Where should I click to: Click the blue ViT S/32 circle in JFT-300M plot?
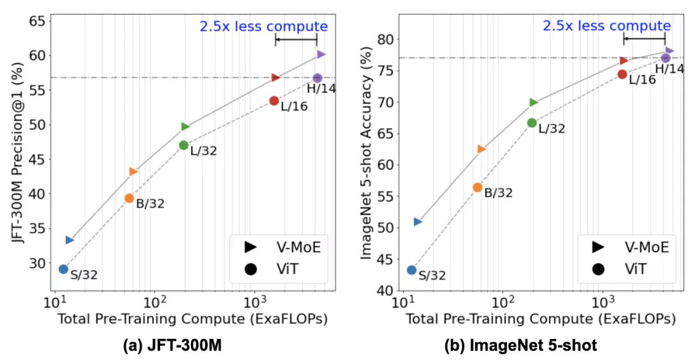[x=63, y=269]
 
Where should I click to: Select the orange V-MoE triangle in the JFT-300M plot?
[x=133, y=171]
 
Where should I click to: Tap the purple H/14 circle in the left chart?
[x=317, y=78]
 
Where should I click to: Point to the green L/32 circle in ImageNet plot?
[x=531, y=122]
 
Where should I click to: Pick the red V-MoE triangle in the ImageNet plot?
[x=623, y=61]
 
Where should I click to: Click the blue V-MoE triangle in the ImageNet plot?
[x=418, y=222]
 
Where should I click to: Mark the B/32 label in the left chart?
[x=150, y=204]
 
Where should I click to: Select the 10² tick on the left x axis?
[x=154, y=301]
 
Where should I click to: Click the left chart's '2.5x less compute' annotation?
[x=263, y=26]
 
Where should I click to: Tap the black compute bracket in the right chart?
[x=644, y=39]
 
